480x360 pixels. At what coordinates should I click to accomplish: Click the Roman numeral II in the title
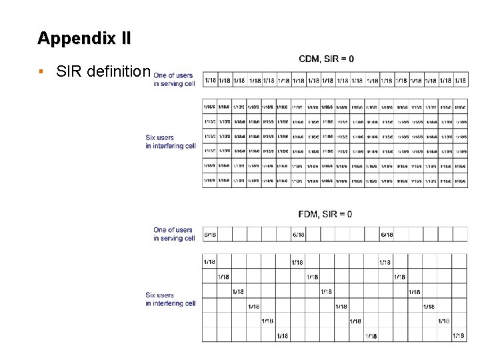(x=123, y=38)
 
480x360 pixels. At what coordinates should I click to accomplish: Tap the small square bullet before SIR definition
(x=41, y=71)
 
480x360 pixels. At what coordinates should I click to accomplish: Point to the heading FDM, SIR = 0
(x=325, y=214)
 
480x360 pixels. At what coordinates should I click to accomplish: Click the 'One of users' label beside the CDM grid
(x=173, y=75)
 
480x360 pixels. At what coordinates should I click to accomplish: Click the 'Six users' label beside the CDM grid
(x=160, y=138)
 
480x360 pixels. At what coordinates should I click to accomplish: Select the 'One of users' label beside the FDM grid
(x=173, y=230)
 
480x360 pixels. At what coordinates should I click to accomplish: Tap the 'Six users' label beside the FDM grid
(x=160, y=295)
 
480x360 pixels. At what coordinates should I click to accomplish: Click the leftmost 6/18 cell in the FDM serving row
(x=210, y=235)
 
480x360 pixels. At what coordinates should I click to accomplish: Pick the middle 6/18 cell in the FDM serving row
(x=298, y=235)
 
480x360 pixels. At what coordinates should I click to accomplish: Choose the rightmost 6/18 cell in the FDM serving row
(x=386, y=235)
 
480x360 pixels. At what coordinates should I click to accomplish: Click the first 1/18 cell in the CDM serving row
(x=210, y=81)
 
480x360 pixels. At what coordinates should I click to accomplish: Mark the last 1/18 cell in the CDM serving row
(x=460, y=81)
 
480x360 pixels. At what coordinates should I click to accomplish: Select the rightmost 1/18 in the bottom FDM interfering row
(x=459, y=335)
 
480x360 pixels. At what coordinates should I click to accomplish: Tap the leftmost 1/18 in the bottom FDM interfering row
(x=283, y=335)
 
